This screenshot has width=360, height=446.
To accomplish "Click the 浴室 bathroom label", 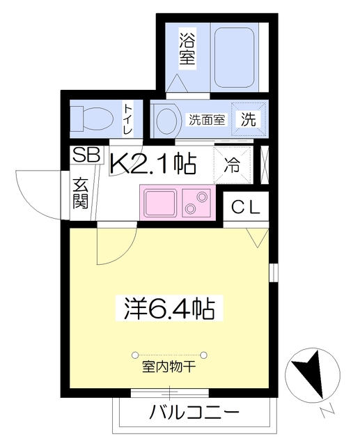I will tap(186, 49).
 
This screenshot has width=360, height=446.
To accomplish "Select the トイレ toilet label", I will tap(129, 119).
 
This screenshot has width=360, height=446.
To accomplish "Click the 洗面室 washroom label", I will tap(207, 119).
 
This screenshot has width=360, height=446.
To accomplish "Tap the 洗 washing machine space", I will tap(248, 119).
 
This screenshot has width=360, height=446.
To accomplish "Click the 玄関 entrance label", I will tap(79, 194).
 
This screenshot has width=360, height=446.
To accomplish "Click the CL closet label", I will tap(246, 206).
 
